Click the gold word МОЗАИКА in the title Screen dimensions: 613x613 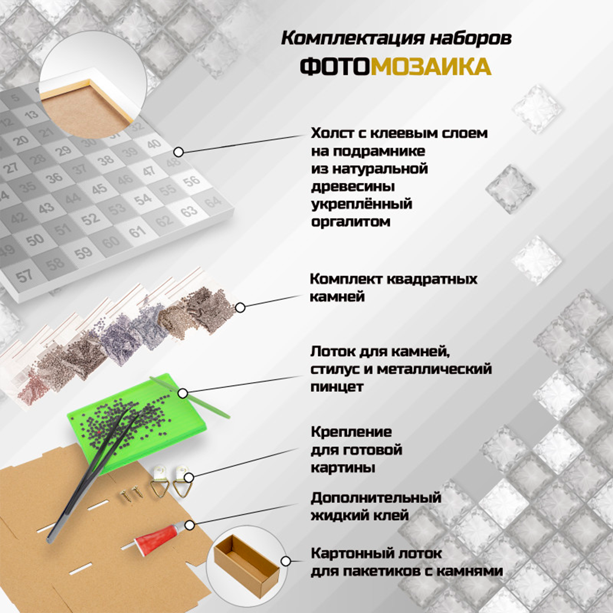(x=431, y=66)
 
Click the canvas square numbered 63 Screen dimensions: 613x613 (x=190, y=210)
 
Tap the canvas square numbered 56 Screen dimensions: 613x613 (x=191, y=181)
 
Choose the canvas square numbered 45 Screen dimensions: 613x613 (x=99, y=188)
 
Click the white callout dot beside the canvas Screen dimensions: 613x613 (x=179, y=152)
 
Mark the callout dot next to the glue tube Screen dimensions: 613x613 (x=190, y=526)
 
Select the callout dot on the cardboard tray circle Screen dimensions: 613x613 (x=286, y=561)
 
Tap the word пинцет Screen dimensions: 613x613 (x=337, y=387)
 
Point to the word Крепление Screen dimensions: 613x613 (x=351, y=432)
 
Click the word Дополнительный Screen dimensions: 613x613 (x=375, y=498)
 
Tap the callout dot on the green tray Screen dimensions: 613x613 (x=182, y=393)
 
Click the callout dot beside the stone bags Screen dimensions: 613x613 (x=240, y=308)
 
